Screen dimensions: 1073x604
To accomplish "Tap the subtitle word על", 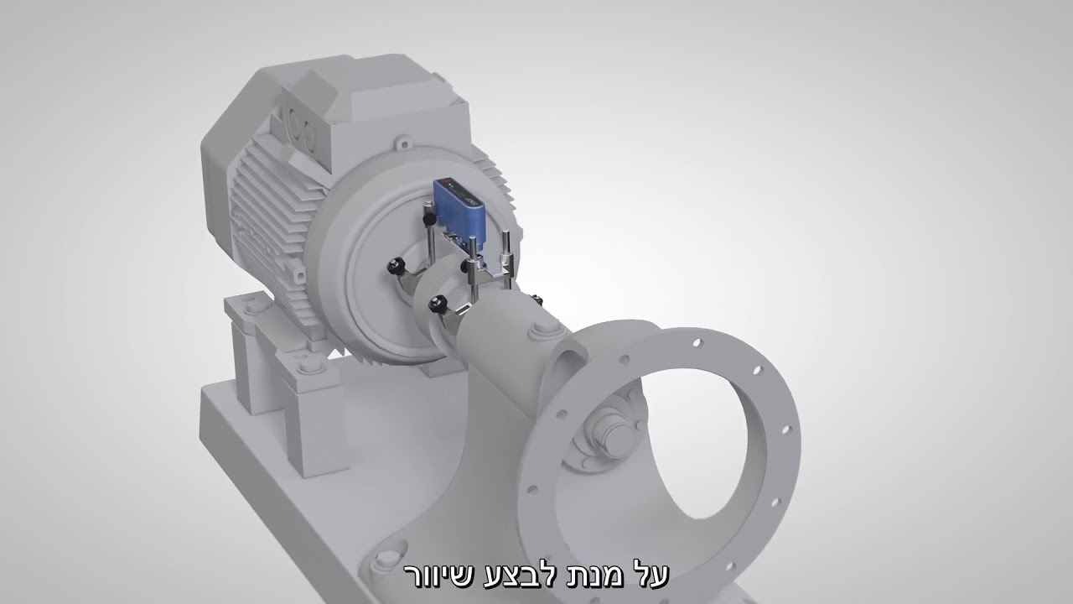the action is (x=651, y=575).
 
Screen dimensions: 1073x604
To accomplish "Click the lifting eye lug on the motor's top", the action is (x=403, y=143).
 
